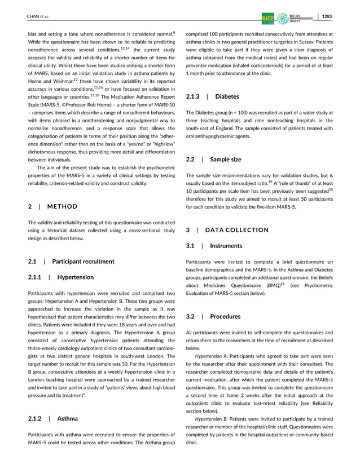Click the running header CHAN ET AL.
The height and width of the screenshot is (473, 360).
click(38, 16)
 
